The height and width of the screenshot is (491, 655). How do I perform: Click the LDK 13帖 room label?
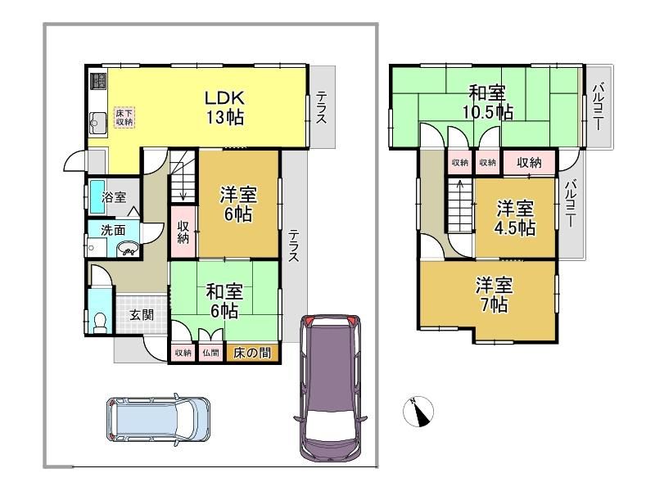[224, 107]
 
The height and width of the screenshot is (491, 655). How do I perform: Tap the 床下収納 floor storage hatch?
[124, 117]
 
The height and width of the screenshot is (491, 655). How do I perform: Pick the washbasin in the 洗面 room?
[128, 250]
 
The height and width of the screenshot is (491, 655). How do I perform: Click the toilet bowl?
[100, 322]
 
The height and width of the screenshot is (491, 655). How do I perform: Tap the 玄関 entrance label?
[141, 315]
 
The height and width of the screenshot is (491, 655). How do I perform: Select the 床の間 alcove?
[252, 353]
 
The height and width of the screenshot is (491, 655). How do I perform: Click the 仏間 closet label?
[211, 353]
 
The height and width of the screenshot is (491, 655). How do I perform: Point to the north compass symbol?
[418, 412]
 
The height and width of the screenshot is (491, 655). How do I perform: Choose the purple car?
[331, 388]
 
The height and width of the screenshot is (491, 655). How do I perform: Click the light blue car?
[158, 419]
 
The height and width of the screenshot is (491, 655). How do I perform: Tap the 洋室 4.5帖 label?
[516, 218]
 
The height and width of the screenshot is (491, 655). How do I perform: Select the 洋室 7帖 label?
[495, 295]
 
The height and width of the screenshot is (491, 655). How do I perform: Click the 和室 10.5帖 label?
[487, 102]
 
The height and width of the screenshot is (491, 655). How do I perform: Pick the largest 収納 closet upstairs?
[529, 162]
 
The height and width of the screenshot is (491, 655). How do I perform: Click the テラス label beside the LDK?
[321, 107]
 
